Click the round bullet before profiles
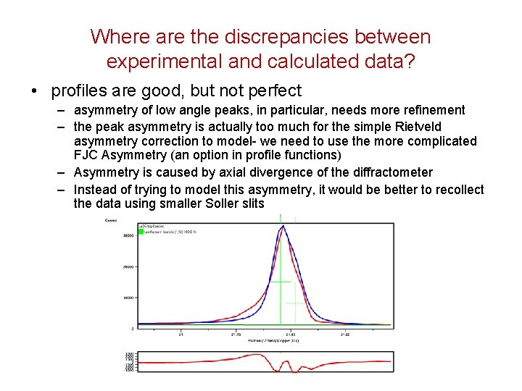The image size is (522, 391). click(35, 92)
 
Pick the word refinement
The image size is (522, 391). click(430, 110)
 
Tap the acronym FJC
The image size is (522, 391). click(87, 156)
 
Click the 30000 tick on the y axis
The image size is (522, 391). click(128, 235)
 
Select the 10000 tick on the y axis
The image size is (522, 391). click(128, 297)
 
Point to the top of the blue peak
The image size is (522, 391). click(283, 226)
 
